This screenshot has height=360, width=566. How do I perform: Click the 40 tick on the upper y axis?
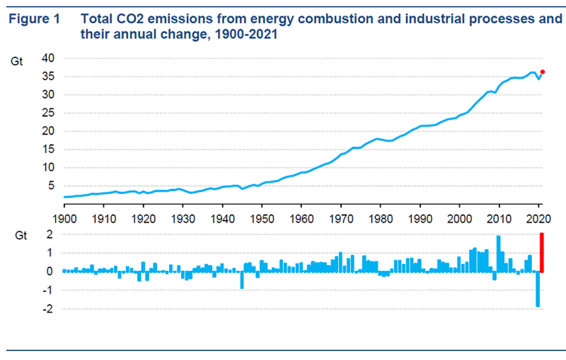tap(48, 58)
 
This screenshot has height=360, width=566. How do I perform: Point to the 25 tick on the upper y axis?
tap(48, 112)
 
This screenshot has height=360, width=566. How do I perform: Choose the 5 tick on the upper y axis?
tap(51, 185)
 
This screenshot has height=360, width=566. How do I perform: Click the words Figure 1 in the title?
tap(33, 20)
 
